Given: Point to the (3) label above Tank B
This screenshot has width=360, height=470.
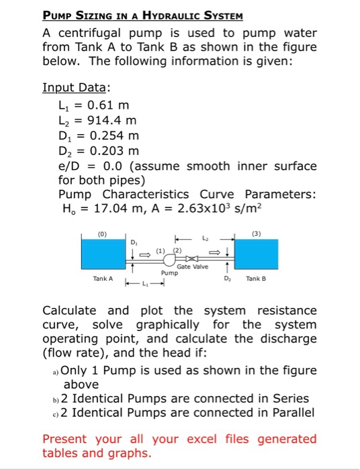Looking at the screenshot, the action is click(255, 235).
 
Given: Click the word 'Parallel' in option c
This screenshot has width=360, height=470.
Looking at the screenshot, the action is click(291, 413).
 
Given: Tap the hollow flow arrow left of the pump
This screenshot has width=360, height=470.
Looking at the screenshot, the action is click(144, 253).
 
